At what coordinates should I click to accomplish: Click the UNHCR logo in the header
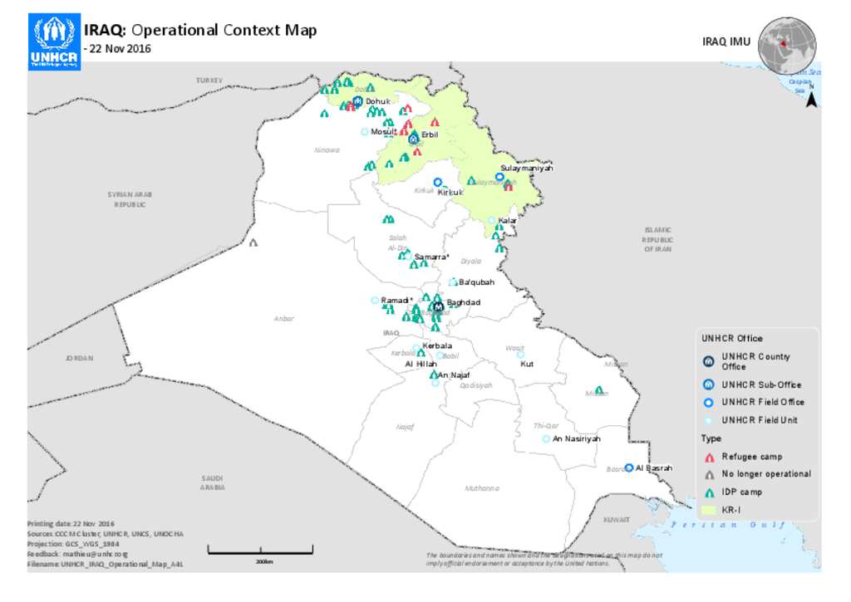click(54, 42)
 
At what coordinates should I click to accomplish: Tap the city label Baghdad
click(464, 302)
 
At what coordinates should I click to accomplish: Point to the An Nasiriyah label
click(576, 438)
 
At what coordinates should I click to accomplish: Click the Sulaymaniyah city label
click(526, 169)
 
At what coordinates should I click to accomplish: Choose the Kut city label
click(526, 364)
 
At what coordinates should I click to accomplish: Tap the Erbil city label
click(430, 135)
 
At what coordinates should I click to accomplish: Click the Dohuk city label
click(377, 101)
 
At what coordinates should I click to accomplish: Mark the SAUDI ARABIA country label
click(212, 483)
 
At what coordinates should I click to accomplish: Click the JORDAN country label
click(80, 358)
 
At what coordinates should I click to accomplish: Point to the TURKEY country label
click(209, 80)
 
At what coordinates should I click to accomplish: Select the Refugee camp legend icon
click(709, 457)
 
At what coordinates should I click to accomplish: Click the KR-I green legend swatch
click(709, 509)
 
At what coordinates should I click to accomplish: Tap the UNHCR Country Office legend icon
click(709, 361)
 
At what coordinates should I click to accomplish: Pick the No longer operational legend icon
click(709, 474)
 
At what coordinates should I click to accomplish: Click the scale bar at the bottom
click(260, 549)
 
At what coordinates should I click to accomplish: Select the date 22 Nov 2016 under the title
click(120, 48)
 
